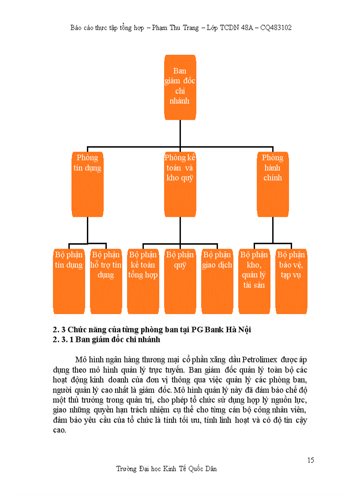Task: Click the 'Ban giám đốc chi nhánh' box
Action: click(x=180, y=87)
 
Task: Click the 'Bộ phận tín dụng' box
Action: click(x=69, y=281)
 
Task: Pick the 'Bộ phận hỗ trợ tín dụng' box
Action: click(x=106, y=281)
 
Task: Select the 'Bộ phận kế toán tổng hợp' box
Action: click(x=143, y=281)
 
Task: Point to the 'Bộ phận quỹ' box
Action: click(x=180, y=281)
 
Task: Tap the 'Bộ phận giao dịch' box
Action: click(x=217, y=281)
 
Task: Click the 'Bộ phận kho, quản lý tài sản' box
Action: click(x=254, y=281)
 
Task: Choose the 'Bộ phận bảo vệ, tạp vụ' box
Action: click(x=291, y=281)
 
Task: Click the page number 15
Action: click(x=311, y=460)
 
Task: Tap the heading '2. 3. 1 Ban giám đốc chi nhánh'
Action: click(x=106, y=340)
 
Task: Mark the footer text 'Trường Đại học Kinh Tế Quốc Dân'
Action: click(x=167, y=469)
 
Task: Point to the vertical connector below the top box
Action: click(x=180, y=133)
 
